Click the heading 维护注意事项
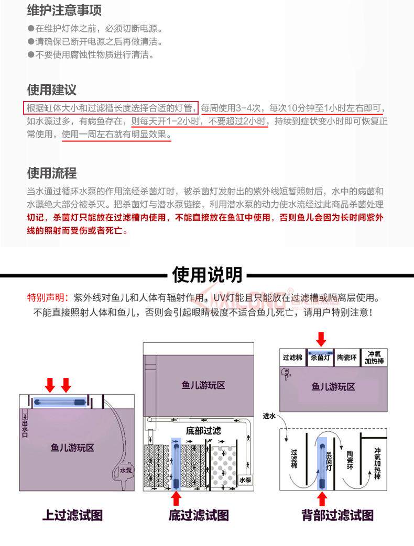click(64, 10)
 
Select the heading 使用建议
click(51, 90)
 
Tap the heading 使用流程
click(51, 173)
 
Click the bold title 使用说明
click(207, 274)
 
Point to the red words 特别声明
click(47, 298)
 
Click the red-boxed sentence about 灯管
click(111, 108)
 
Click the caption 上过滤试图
click(72, 515)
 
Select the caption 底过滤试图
click(199, 515)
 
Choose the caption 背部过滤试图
click(337, 515)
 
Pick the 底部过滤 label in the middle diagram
click(203, 431)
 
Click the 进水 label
click(270, 417)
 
